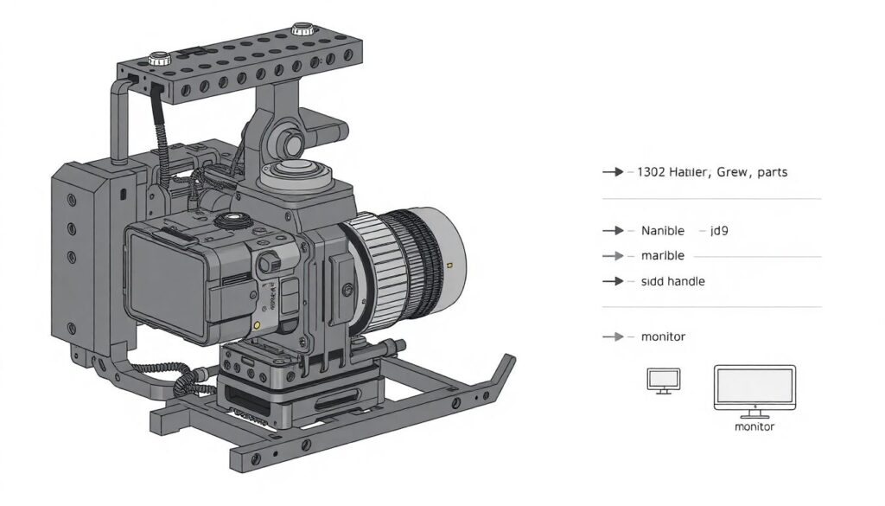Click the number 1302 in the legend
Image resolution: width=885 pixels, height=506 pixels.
coord(651,172)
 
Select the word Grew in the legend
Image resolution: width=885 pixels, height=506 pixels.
coord(732,172)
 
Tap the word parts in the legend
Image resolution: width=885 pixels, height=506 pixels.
coord(772,172)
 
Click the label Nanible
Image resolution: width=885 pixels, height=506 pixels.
coord(663,231)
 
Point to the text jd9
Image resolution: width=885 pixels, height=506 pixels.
coord(719,231)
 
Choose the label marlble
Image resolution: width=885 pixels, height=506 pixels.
coord(663,256)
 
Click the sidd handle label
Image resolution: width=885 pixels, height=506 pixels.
coord(672,281)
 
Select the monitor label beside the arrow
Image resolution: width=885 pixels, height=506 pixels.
coord(663,336)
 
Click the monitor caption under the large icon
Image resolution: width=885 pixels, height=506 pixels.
coord(754,427)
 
